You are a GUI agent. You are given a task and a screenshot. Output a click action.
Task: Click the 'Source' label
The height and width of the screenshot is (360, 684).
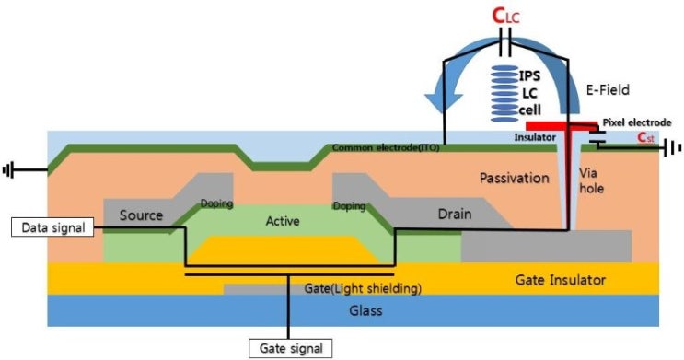[x=141, y=215]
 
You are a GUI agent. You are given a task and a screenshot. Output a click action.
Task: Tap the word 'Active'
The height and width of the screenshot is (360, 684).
[x=283, y=221]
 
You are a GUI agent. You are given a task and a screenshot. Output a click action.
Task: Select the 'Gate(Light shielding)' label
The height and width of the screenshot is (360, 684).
[x=363, y=289]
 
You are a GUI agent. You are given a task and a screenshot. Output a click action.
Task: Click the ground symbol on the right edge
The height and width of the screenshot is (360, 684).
[x=675, y=147]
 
